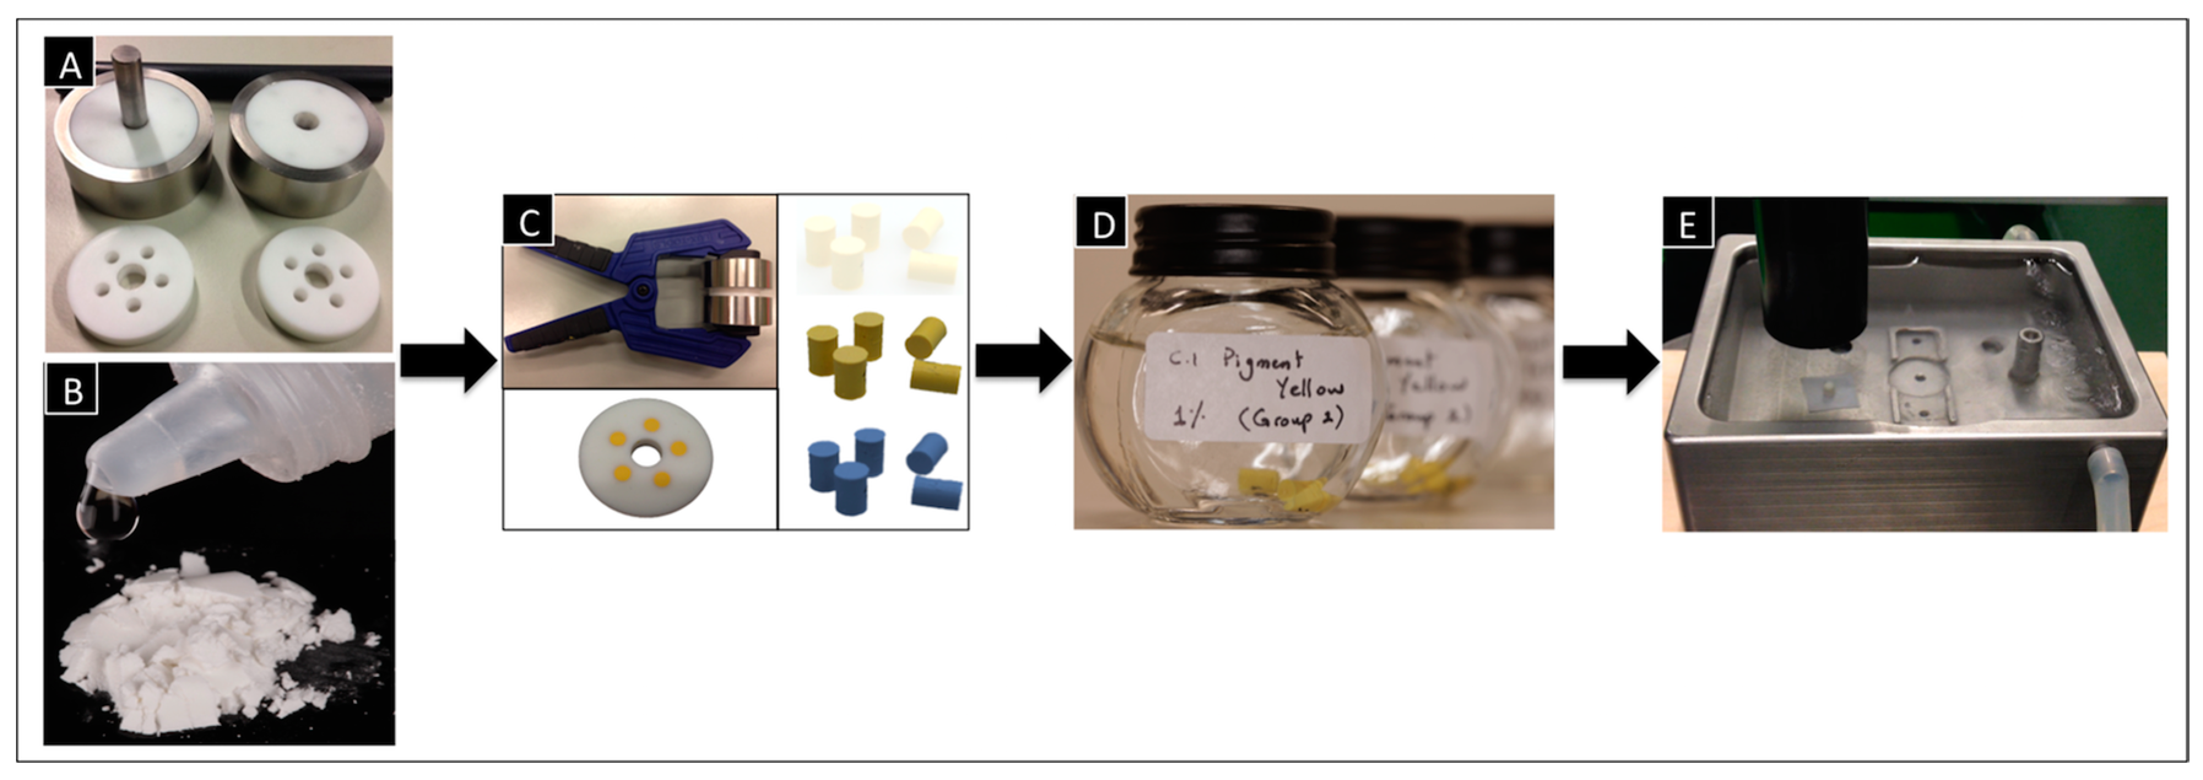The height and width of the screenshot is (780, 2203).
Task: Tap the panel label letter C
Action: pyautogui.click(x=529, y=223)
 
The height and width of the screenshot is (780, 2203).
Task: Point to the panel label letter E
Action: pyautogui.click(x=1687, y=225)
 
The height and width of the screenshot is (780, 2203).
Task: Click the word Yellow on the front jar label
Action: pyautogui.click(x=1308, y=389)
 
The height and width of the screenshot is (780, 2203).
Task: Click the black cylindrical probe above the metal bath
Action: pyautogui.click(x=1813, y=273)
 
